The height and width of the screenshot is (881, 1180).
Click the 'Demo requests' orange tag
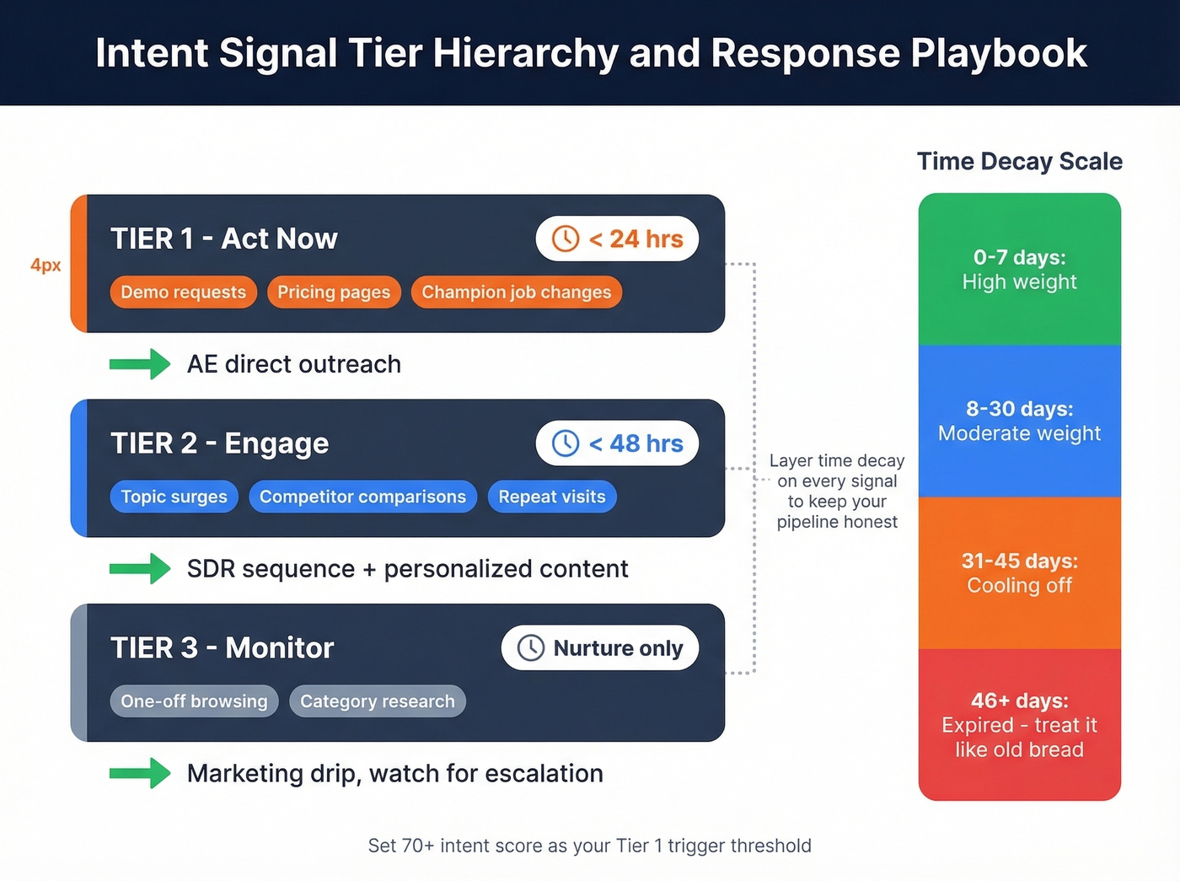(183, 292)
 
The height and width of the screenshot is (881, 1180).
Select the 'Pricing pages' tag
(334, 292)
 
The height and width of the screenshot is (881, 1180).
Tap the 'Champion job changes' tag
(516, 292)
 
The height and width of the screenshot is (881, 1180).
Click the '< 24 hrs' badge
(617, 239)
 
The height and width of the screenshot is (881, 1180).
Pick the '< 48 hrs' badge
(617, 443)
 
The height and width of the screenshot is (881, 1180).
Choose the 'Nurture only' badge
(600, 647)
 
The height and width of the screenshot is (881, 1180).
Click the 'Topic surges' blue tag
(174, 497)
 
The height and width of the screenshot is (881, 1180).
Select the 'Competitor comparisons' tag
(362, 497)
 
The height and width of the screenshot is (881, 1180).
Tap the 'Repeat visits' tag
(552, 497)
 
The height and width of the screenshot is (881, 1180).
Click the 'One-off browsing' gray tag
(194, 701)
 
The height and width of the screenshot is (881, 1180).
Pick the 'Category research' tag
(377, 701)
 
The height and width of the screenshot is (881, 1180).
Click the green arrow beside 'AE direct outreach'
(140, 364)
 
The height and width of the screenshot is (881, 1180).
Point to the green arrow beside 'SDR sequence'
(140, 569)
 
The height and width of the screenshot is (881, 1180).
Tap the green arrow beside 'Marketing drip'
(140, 773)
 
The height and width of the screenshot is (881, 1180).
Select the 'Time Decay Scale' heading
(1019, 161)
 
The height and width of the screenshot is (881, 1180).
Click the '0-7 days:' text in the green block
(1019, 257)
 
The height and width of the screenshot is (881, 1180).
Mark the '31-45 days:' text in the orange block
(1019, 561)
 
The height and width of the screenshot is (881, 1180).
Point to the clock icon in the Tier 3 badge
(531, 647)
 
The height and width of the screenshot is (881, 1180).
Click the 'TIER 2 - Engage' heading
(219, 443)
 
